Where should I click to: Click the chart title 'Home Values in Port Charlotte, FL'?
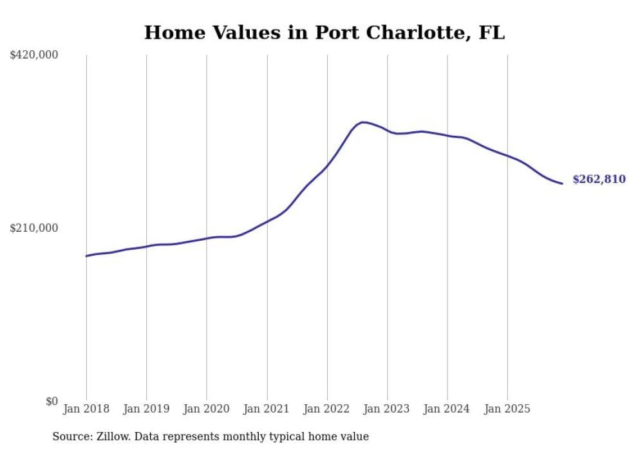click(x=324, y=32)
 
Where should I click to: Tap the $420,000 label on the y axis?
click(x=34, y=55)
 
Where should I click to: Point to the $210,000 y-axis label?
click(x=34, y=228)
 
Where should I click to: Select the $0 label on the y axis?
click(x=52, y=401)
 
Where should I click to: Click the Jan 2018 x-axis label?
click(x=86, y=409)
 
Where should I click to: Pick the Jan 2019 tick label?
click(x=146, y=409)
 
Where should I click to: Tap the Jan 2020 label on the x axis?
click(x=207, y=409)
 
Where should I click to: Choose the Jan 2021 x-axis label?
click(x=267, y=409)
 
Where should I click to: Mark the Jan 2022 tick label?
click(x=327, y=409)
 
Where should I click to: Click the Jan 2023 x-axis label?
click(x=387, y=409)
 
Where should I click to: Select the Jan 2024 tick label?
click(x=447, y=409)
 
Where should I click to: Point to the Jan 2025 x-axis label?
click(x=507, y=409)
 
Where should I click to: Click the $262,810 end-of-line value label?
click(x=599, y=180)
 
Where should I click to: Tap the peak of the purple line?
click(x=363, y=122)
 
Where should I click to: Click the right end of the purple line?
click(x=562, y=183)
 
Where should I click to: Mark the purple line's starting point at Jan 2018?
click(x=86, y=256)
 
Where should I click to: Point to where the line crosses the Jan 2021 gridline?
click(x=267, y=221)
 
